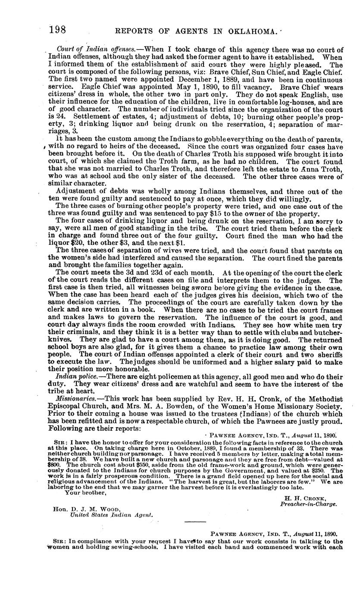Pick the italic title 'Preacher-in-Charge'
308,504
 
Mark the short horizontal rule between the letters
195,523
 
